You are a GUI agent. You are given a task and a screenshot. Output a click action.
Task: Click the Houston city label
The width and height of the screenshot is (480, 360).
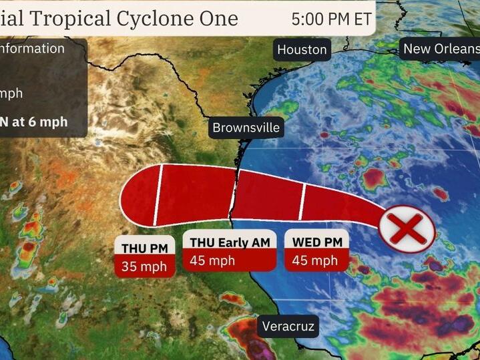302,49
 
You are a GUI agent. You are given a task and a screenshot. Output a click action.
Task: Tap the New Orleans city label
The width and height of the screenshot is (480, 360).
441,49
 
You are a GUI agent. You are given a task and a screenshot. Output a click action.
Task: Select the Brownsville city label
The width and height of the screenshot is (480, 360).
246,127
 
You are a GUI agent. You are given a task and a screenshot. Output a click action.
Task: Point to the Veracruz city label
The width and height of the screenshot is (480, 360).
288,327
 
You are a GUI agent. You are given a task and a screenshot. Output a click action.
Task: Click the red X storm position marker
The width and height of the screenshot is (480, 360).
407,228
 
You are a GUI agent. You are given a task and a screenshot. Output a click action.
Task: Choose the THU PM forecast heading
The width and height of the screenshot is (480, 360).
144,246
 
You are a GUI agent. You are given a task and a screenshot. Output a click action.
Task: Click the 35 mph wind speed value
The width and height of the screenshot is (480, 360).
144,266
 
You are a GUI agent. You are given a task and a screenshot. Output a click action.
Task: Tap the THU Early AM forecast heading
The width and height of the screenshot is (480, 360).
230,242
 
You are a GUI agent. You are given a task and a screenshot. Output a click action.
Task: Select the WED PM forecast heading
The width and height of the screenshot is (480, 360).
316,242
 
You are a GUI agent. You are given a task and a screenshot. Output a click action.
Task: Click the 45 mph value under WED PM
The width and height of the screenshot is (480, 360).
316,260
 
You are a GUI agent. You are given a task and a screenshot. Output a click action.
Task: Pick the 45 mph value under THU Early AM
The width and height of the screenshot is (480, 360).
212,260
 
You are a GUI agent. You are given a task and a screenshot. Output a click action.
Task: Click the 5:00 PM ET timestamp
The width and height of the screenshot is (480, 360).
331,19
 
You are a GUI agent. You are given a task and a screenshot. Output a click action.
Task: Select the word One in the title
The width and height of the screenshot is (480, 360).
219,18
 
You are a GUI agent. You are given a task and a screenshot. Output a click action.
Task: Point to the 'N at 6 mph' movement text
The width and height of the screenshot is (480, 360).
33,122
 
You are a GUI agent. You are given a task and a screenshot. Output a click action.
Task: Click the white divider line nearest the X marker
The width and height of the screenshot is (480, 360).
302,202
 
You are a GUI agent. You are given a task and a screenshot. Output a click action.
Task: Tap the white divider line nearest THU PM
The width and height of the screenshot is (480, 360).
158,195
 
